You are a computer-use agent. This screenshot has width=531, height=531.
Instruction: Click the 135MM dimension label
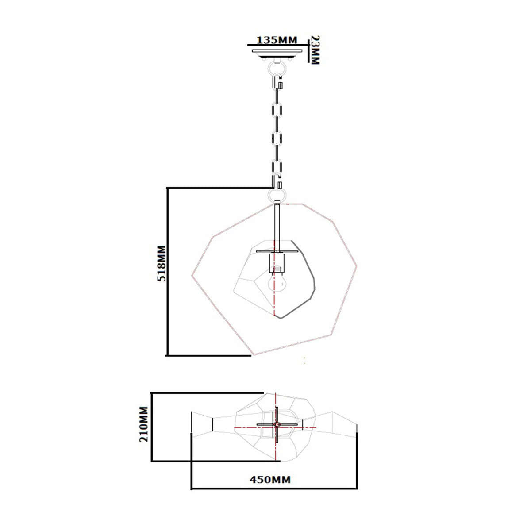277,40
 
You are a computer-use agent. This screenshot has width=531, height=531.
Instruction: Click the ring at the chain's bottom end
277,194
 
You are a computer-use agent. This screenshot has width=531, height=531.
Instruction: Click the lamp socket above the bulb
277,263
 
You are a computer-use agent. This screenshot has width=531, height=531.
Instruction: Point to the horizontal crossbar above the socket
277,252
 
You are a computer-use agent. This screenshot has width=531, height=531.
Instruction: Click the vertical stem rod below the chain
277,226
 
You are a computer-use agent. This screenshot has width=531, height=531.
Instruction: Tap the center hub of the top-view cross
276,425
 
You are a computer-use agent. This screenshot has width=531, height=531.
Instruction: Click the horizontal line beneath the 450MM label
274,489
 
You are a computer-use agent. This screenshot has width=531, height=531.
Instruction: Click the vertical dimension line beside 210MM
152,427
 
